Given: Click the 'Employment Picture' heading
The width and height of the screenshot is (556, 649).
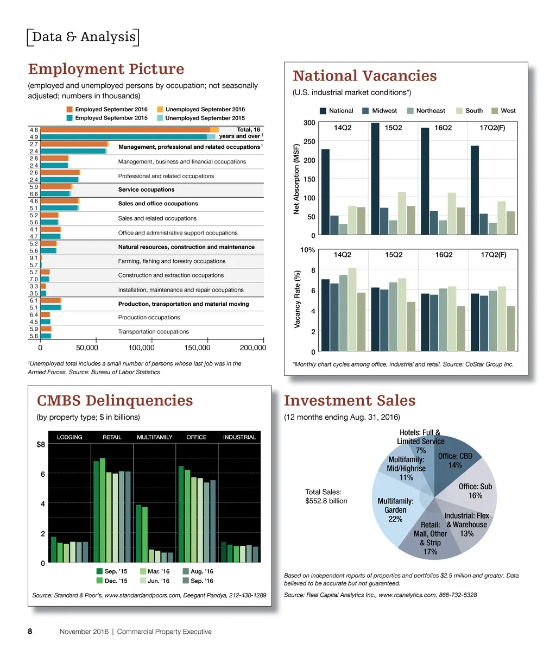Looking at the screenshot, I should tap(106, 70).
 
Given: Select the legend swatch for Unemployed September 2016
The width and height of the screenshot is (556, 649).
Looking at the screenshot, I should tap(160, 109).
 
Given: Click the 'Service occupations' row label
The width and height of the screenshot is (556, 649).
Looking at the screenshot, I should tap(146, 190).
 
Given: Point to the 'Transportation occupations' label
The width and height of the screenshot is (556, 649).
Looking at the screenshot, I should tap(153, 331).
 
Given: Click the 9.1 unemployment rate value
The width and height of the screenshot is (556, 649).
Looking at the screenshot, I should tap(33, 258).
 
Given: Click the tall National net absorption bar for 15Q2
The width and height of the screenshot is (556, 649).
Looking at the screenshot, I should tap(375, 179).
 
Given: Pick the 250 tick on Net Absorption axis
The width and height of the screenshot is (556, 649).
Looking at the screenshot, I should tap(309, 142).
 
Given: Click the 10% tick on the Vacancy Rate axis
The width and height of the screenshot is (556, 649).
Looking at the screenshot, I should tap(308, 250).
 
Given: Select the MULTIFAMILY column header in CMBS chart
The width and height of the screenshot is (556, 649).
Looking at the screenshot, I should tap(154, 437).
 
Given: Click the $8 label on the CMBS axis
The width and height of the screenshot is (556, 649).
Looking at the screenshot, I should tap(40, 445).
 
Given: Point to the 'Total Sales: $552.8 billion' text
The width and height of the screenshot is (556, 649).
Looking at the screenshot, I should tap(326, 496).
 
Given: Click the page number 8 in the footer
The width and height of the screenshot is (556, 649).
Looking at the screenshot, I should tap(30, 631).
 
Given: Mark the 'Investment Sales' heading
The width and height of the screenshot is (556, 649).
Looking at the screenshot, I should tap(349, 401).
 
